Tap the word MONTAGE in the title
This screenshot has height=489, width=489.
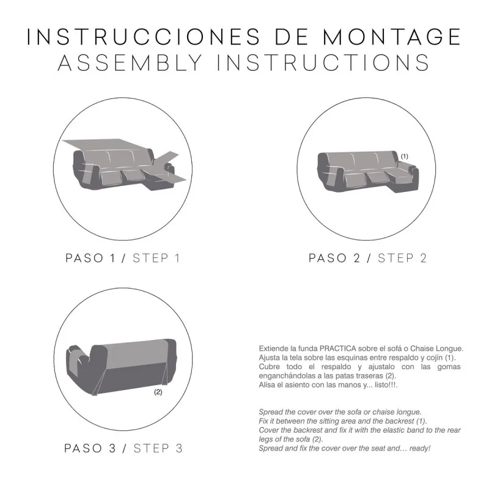click(392, 36)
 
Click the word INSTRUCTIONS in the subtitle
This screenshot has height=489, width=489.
click(323, 63)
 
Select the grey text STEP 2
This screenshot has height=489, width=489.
click(402, 258)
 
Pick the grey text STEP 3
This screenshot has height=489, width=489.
click(157, 448)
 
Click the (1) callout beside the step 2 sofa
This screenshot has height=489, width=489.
click(404, 156)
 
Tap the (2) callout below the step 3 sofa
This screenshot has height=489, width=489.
click(158, 392)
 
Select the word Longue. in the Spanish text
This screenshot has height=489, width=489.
click(446, 348)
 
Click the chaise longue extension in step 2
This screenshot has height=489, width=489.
click(403, 180)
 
